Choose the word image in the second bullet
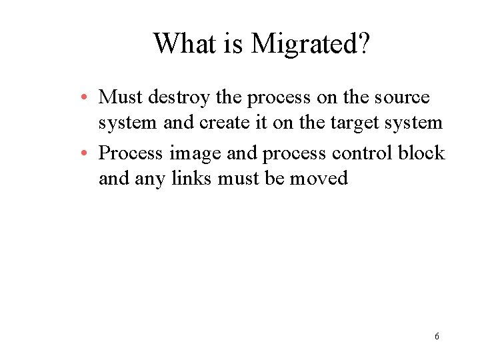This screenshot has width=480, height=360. pos(195,154)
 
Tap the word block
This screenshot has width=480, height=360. pos(421,153)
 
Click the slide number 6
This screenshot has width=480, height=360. pos(437,336)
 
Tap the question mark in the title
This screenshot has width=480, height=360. pos(363,44)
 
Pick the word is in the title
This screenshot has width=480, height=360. pos(235,44)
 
